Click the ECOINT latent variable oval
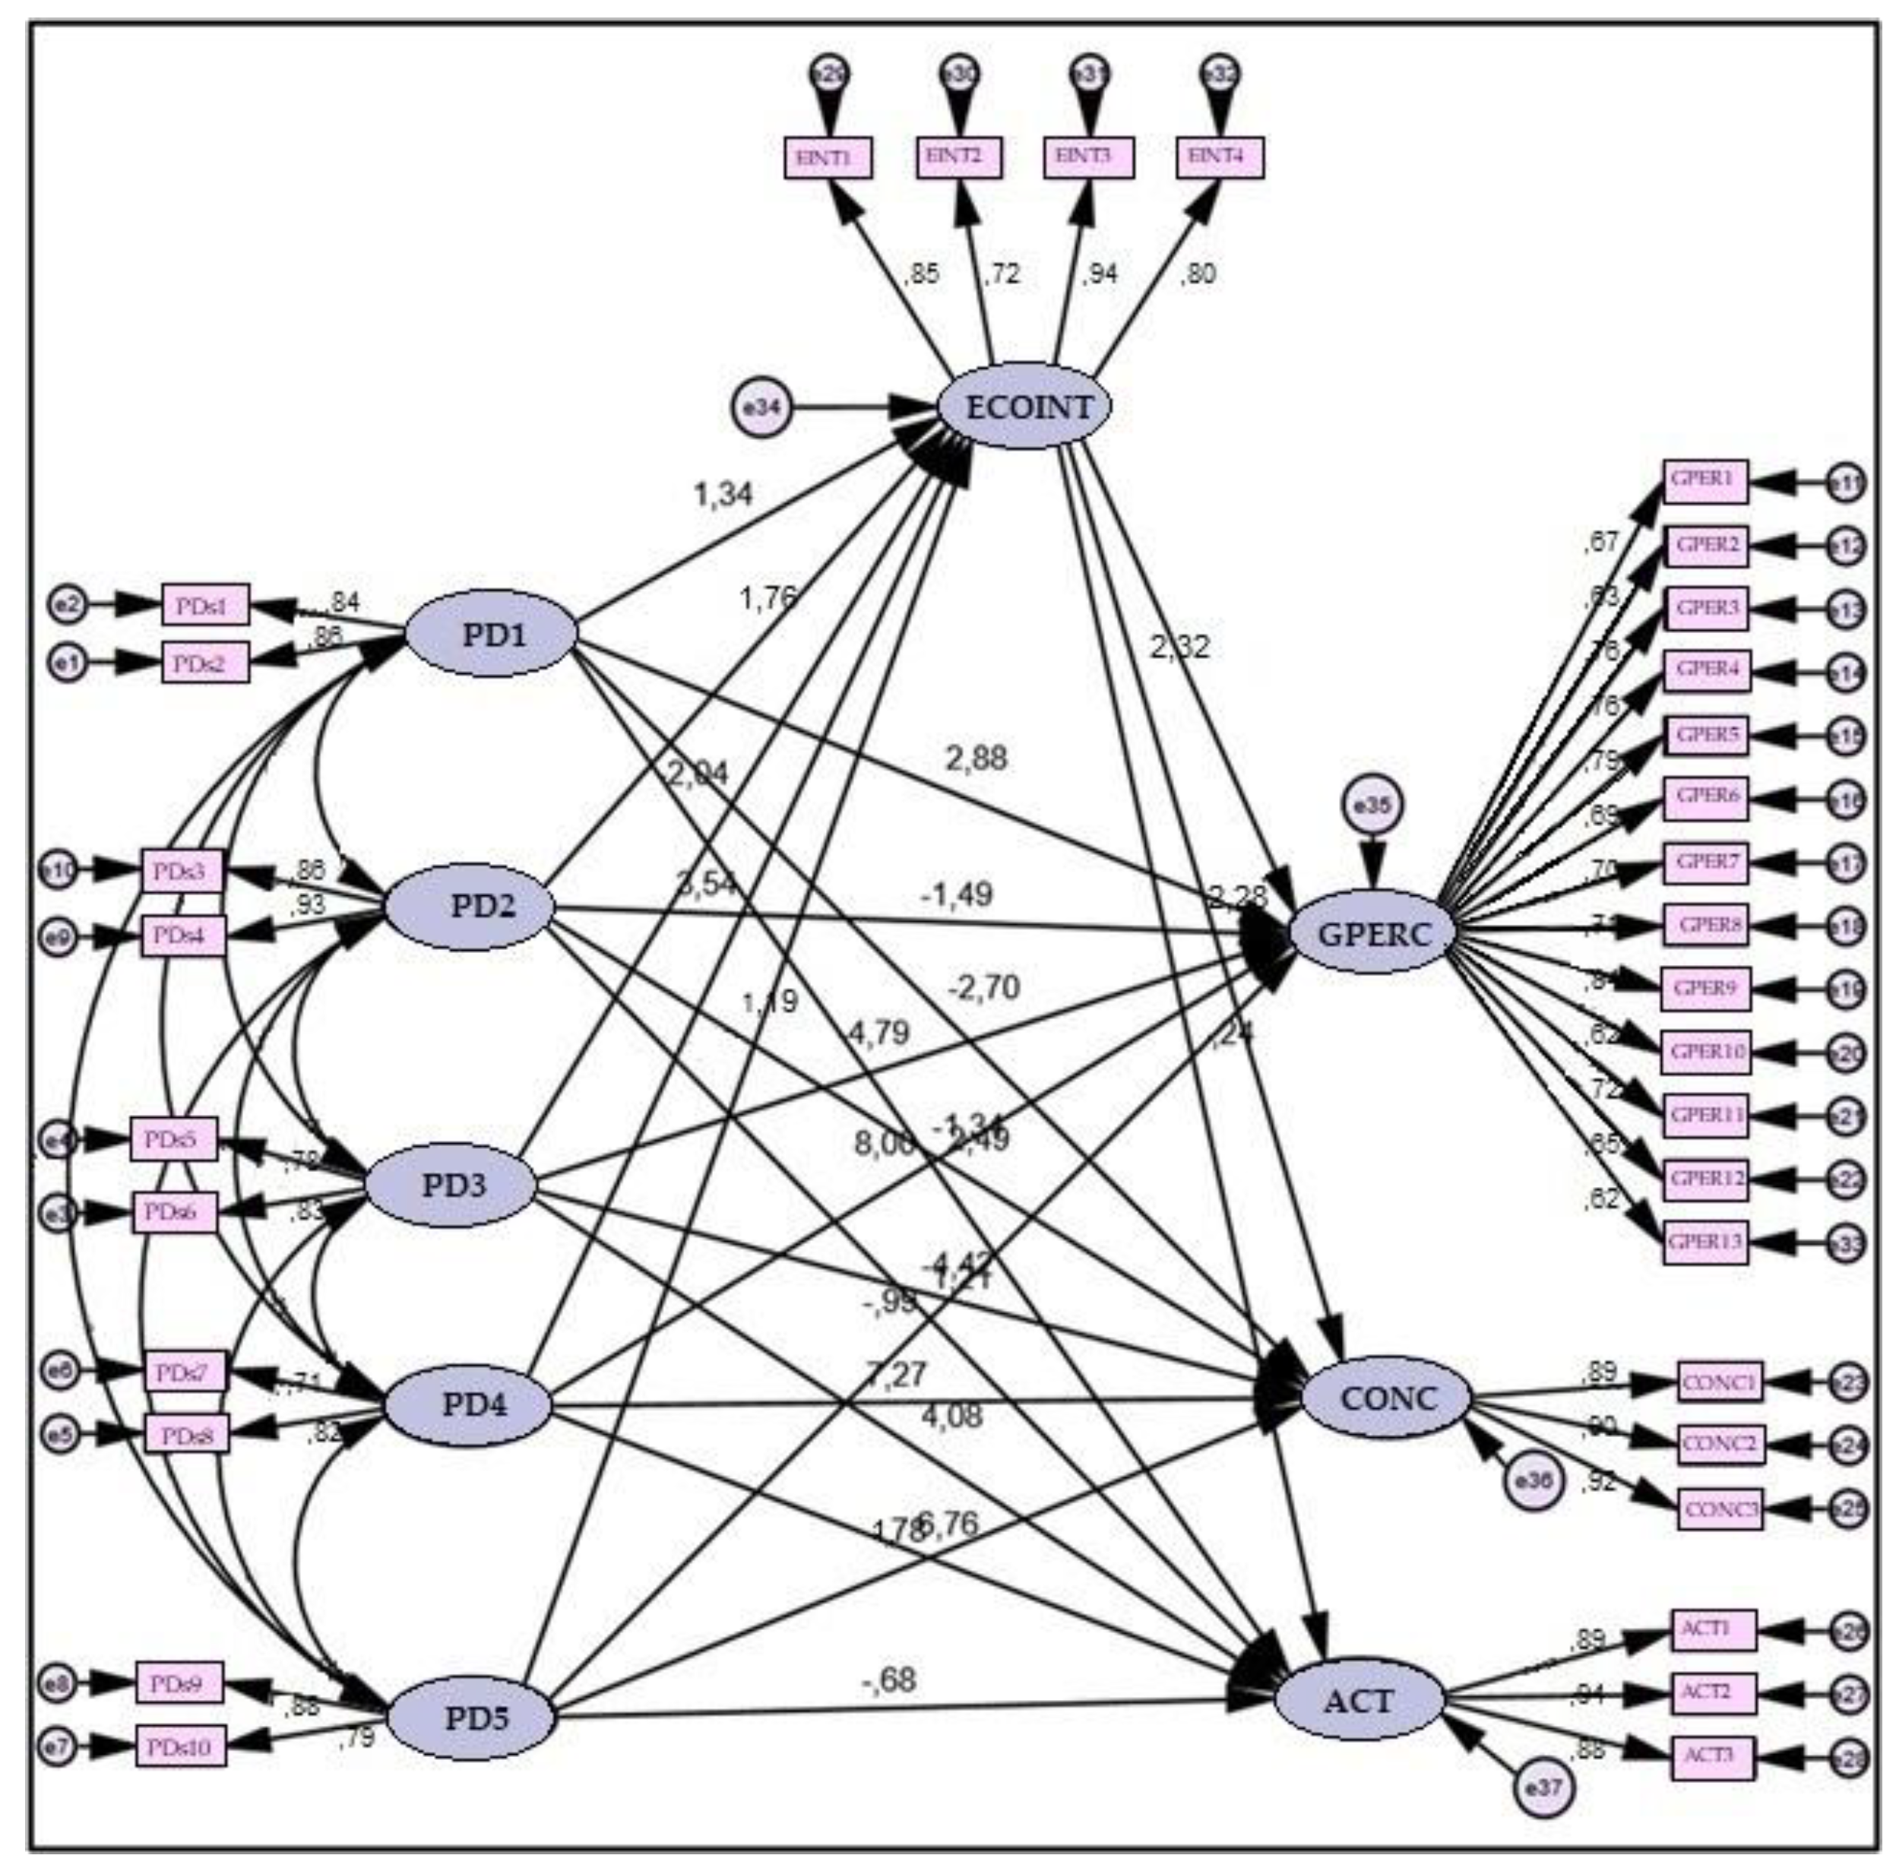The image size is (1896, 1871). pos(1026,407)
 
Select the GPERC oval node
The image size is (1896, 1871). pos(1372,933)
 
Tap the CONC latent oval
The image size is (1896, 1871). pos(1387,1398)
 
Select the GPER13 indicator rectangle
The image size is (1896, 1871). pos(1705,1242)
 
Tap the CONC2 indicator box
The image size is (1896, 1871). pos(1720,1444)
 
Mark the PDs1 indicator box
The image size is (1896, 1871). pos(205,605)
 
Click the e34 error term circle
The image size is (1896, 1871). pos(761,407)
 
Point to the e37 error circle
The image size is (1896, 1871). pos(1543,1787)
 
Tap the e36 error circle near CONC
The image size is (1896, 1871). pos(1533,1507)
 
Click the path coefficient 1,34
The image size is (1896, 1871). pos(723,495)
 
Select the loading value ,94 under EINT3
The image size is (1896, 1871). pos(1100,274)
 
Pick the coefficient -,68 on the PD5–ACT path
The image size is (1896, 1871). pos(889,1680)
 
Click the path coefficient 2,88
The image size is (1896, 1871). pos(976,758)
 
